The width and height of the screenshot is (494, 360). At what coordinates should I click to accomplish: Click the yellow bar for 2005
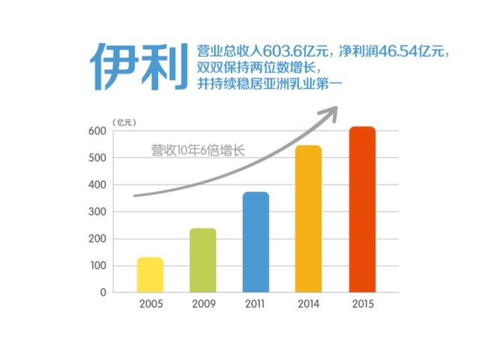pyautogui.click(x=150, y=275)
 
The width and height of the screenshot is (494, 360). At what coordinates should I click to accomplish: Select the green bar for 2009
pyautogui.click(x=202, y=260)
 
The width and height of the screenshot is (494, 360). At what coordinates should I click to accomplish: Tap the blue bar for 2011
pyautogui.click(x=255, y=242)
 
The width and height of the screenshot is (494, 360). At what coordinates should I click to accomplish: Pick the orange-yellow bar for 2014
pyautogui.click(x=308, y=219)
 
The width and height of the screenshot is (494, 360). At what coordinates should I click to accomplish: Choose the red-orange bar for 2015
pyautogui.click(x=362, y=210)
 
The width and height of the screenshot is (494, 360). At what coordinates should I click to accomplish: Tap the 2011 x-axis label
pyautogui.click(x=256, y=305)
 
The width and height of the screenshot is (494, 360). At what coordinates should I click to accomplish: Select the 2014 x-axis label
pyautogui.click(x=309, y=305)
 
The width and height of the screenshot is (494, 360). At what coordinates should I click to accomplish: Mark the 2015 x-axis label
pyautogui.click(x=362, y=305)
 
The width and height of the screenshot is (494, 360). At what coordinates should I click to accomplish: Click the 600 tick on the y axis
pyautogui.click(x=97, y=131)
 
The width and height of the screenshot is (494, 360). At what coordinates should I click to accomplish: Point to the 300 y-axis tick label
pyautogui.click(x=97, y=212)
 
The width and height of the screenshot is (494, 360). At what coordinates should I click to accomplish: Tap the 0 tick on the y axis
pyautogui.click(x=103, y=293)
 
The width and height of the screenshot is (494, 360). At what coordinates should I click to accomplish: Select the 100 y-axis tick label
pyautogui.click(x=97, y=266)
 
